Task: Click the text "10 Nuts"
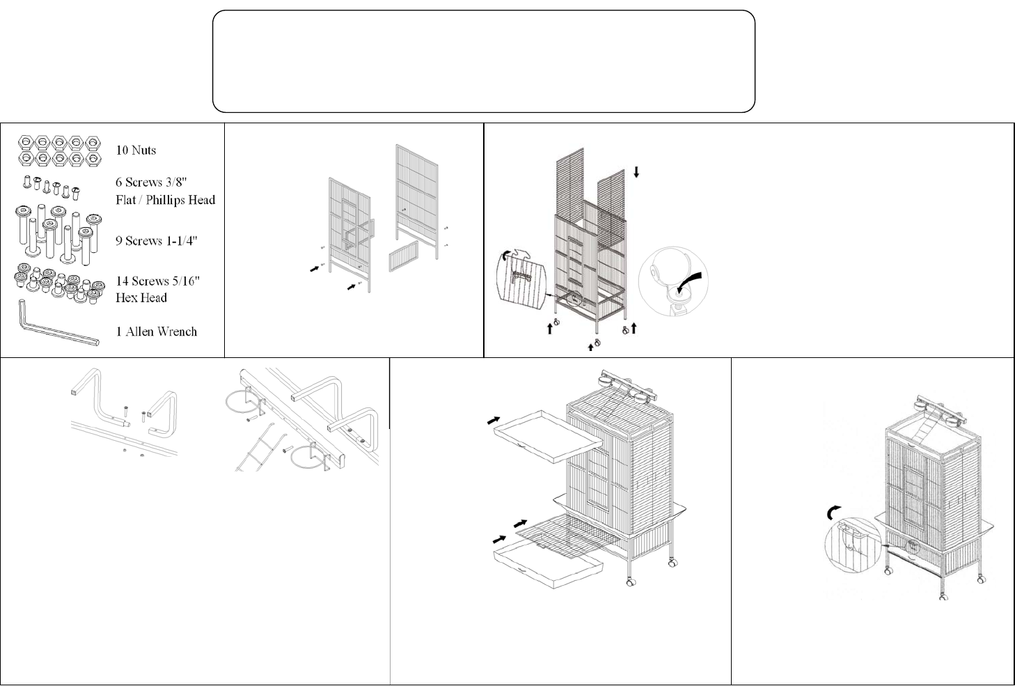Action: [136, 150]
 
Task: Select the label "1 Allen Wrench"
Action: [157, 332]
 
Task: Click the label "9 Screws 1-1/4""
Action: [157, 241]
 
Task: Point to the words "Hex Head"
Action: [141, 298]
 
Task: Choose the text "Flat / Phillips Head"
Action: [166, 200]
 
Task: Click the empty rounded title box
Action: [484, 61]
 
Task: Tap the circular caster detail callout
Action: [673, 281]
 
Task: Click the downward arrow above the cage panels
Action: [636, 172]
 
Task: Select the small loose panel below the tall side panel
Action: [403, 256]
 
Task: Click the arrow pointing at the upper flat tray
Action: [494, 420]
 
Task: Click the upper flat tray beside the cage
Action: [549, 436]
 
